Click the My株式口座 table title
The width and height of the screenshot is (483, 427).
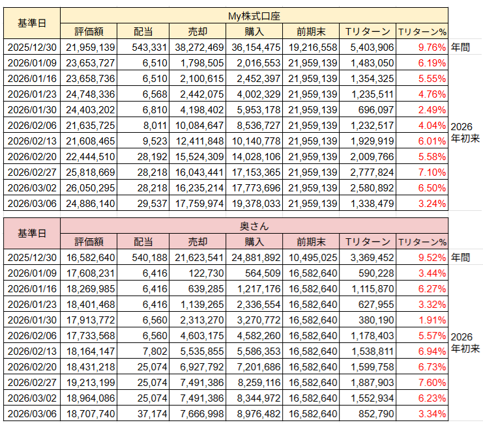point(254,16)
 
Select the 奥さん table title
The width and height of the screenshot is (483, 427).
point(254,227)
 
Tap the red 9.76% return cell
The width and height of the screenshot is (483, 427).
point(432,48)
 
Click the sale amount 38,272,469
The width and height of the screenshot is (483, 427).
point(199,48)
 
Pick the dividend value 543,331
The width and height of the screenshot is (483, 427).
point(149,48)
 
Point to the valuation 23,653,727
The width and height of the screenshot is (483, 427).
point(90,63)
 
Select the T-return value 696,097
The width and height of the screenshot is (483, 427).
point(376,110)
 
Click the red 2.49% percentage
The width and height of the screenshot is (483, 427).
point(432,110)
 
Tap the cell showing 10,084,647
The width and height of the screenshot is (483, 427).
point(199,126)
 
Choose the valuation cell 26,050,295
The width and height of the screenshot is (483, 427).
point(90,188)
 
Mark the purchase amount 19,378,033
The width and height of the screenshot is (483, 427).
point(256,204)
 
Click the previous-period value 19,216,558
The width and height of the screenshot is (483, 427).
point(313,48)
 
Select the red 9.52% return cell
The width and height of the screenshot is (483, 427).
point(432,258)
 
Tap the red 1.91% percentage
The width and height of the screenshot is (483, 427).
point(432,320)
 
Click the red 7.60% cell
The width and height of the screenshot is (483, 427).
point(432,383)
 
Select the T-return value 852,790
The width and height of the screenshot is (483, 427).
point(376,414)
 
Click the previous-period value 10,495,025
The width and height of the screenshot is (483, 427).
point(313,258)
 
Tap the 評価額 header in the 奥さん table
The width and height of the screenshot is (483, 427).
point(89,241)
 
